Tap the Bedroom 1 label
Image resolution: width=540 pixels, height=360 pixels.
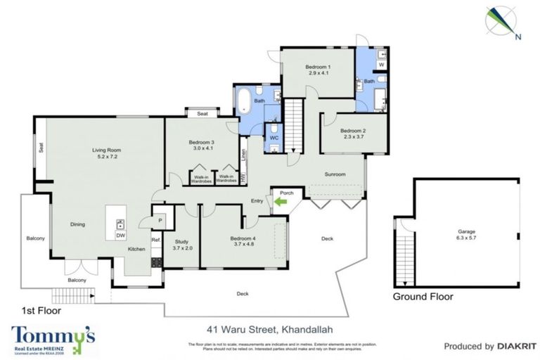(x=318, y=67)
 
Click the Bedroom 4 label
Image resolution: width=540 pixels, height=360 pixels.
(x=243, y=238)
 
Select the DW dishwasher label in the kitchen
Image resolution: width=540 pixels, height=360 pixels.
(x=120, y=236)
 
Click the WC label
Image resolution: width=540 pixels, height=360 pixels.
(x=275, y=138)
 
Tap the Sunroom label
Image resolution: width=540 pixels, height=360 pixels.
(x=335, y=174)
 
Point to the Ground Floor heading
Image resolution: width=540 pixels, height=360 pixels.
(x=423, y=297)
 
